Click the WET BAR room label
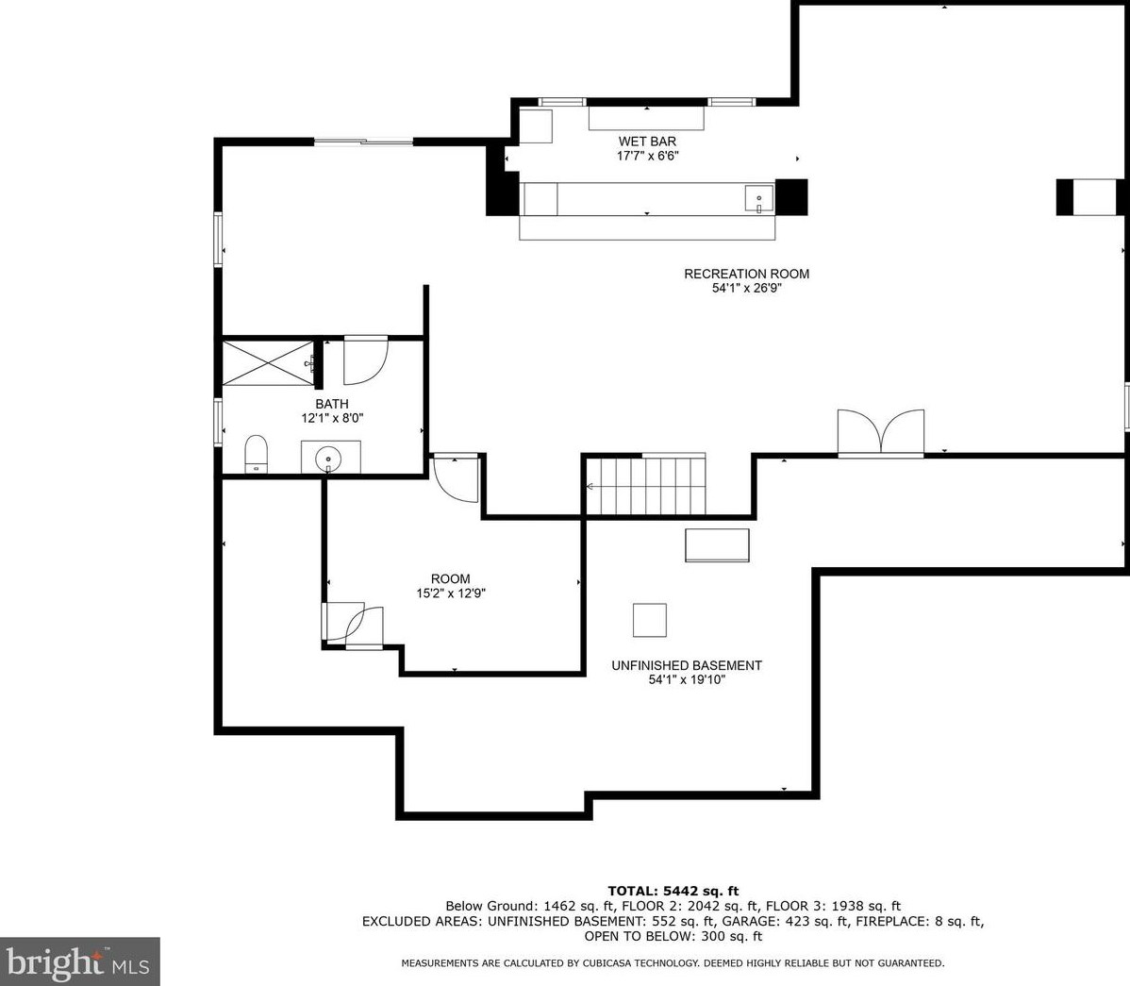(x=647, y=142)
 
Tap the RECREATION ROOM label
(x=747, y=274)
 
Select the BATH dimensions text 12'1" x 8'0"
(x=332, y=418)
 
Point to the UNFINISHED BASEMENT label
(x=687, y=665)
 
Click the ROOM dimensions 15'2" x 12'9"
(x=451, y=593)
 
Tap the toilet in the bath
(x=256, y=454)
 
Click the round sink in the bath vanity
(x=328, y=457)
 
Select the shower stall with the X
(x=268, y=363)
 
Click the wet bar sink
(x=759, y=198)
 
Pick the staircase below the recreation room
(x=645, y=486)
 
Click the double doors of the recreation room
(x=881, y=432)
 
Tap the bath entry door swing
(x=365, y=360)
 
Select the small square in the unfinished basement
(x=649, y=620)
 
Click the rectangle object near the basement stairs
(x=717, y=545)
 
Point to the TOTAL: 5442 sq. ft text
(x=673, y=891)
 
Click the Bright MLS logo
(x=79, y=961)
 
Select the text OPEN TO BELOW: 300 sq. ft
(x=673, y=936)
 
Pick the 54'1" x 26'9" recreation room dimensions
(x=747, y=289)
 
